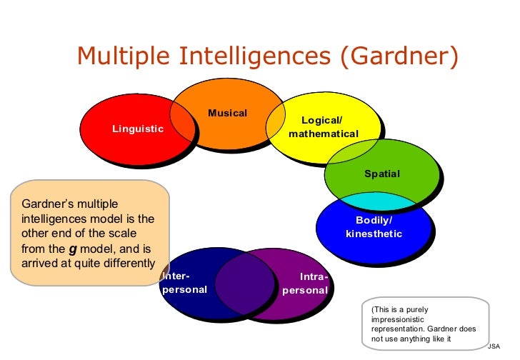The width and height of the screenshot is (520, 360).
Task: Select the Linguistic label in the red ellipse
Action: [138, 129]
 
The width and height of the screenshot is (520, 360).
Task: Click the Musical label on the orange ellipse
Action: [227, 114]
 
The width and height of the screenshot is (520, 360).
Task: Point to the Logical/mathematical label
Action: [324, 127]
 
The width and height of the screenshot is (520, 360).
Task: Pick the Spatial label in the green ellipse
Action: [382, 174]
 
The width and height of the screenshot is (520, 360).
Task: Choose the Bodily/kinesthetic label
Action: [374, 227]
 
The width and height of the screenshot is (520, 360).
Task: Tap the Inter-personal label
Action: [184, 283]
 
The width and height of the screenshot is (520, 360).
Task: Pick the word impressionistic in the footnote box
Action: [396, 319]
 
